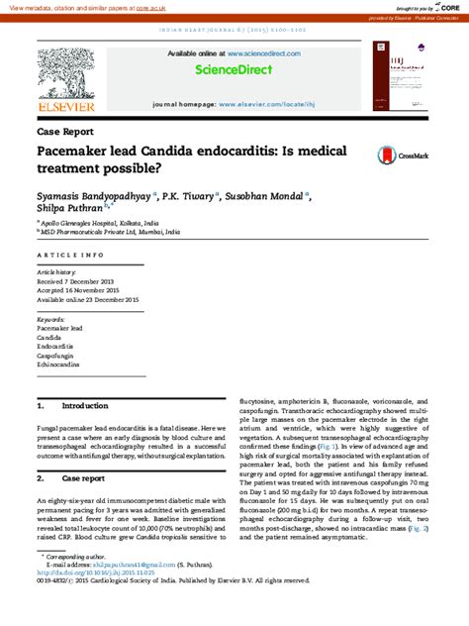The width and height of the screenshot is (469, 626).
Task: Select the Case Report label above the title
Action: tap(65, 131)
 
